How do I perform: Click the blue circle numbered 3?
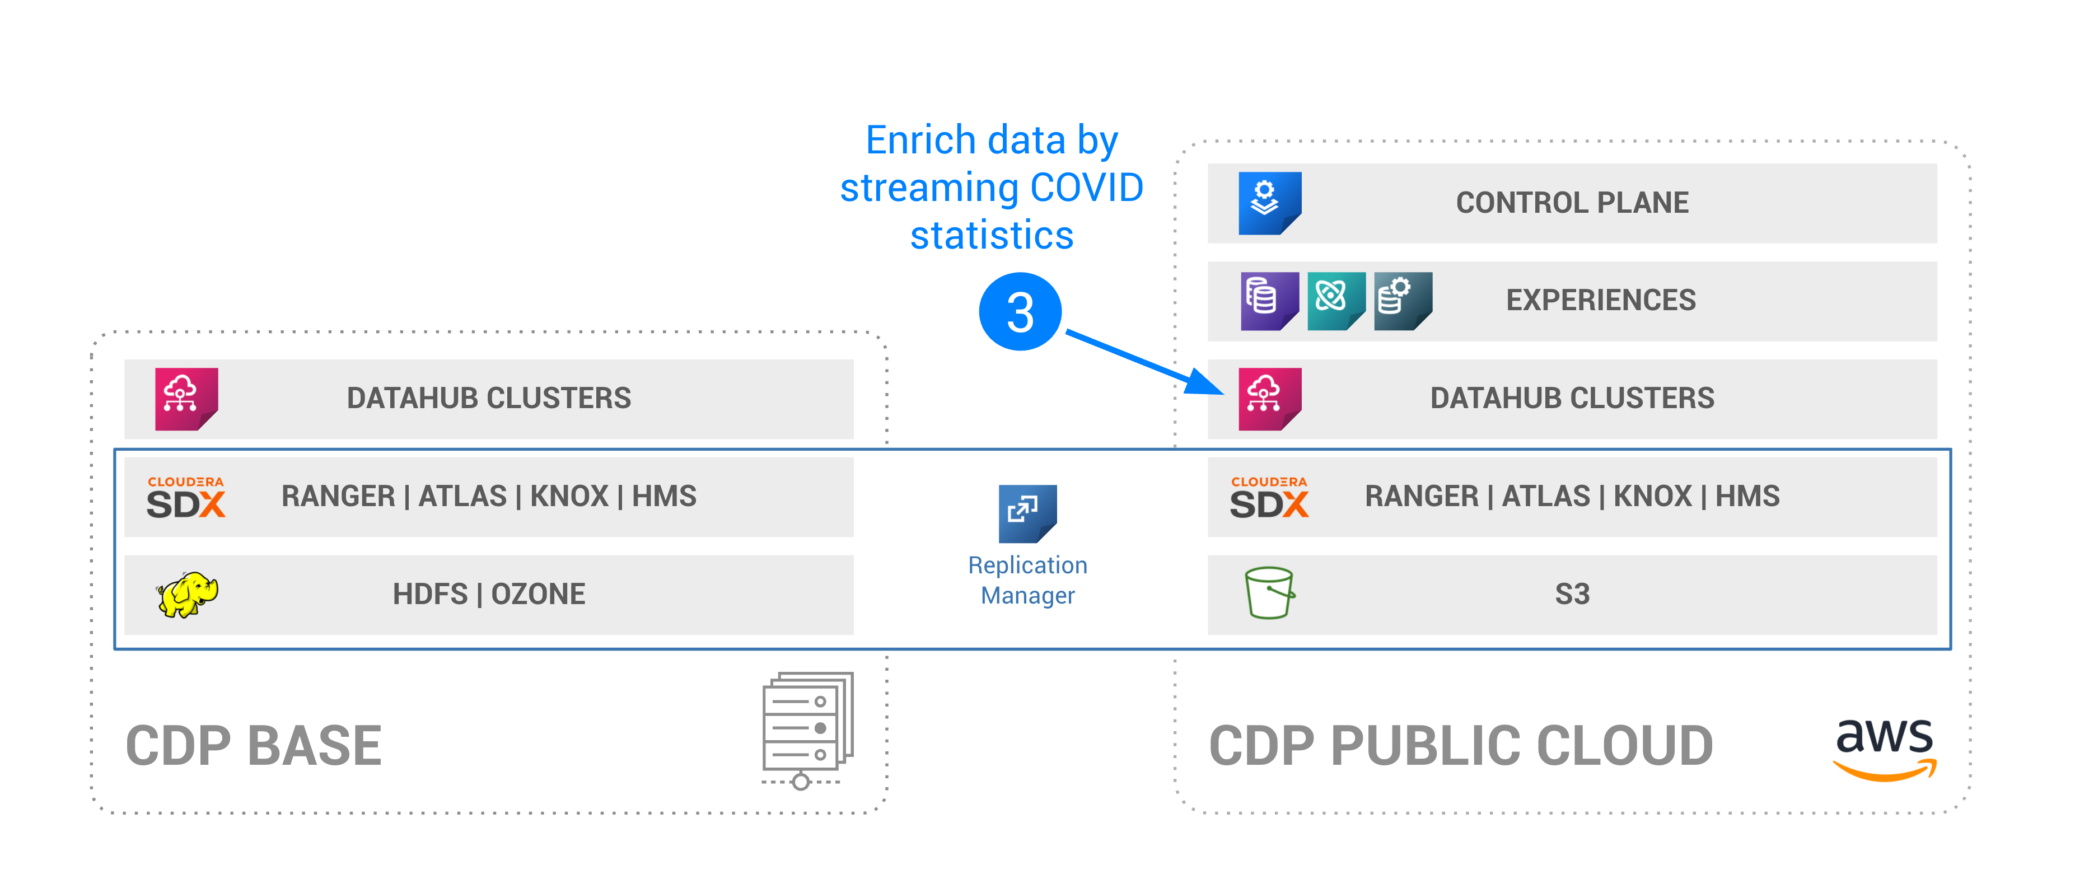click(1020, 312)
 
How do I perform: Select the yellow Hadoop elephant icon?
click(187, 595)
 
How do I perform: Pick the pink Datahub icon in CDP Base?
click(186, 399)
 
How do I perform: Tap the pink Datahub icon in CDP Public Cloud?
click(1269, 399)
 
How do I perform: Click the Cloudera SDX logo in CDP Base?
click(185, 497)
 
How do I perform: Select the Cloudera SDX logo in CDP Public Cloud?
click(1269, 497)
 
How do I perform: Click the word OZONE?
click(538, 595)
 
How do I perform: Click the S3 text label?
click(1572, 595)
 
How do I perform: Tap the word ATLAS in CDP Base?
click(462, 496)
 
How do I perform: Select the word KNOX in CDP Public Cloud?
click(1652, 496)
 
